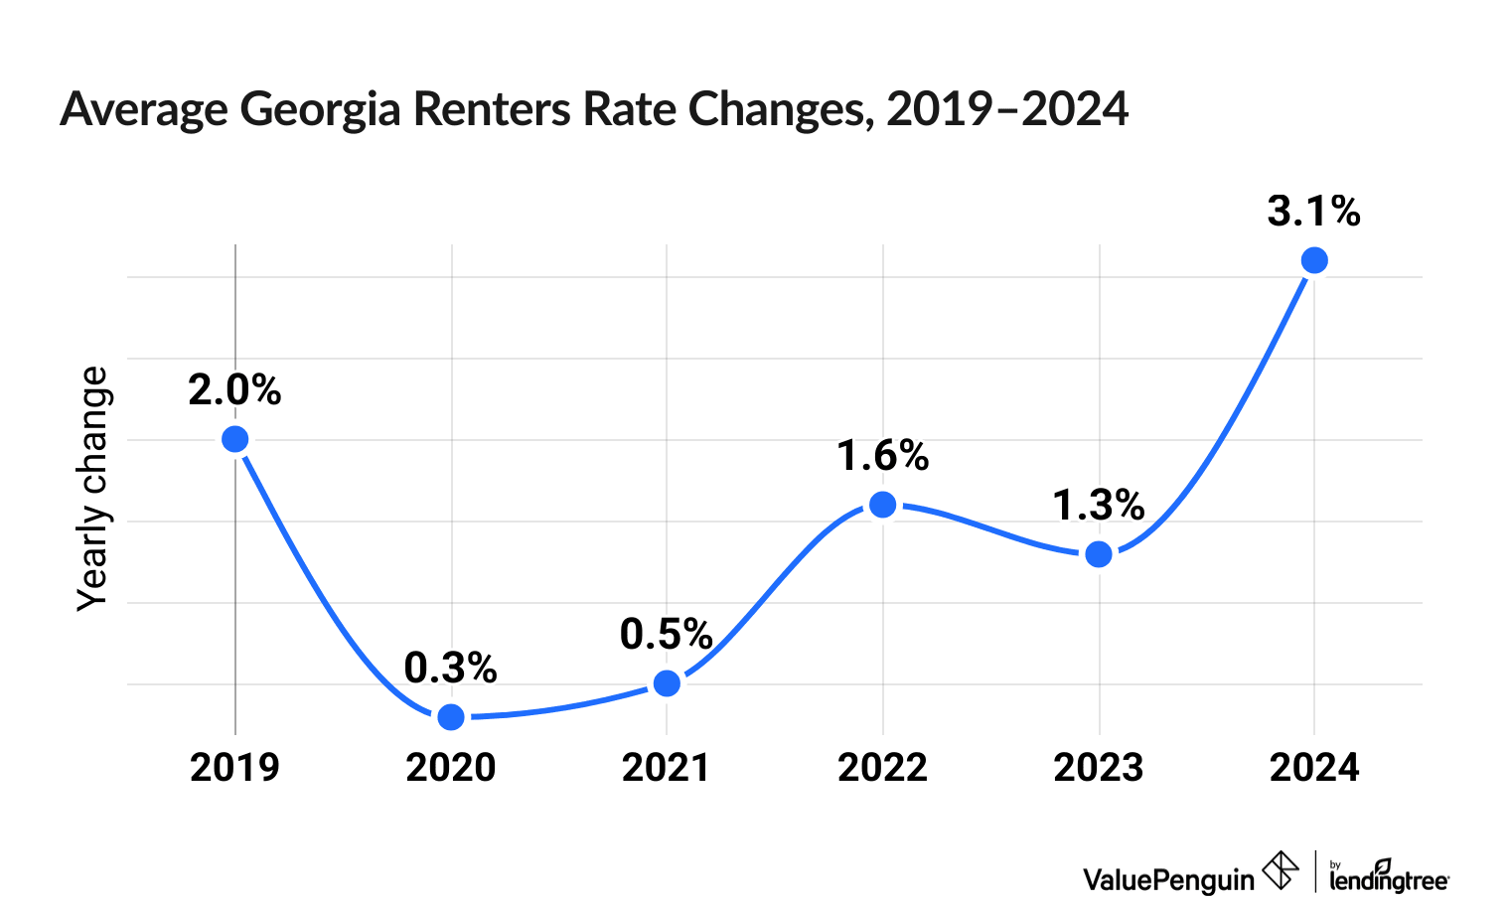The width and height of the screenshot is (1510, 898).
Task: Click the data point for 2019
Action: click(x=235, y=439)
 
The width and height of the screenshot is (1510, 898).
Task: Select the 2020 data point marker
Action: click(x=451, y=716)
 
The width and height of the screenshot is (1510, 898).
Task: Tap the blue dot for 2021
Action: click(x=668, y=683)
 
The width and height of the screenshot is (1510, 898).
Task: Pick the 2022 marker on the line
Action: click(x=882, y=505)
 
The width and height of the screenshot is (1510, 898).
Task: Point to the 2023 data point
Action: click(x=1099, y=554)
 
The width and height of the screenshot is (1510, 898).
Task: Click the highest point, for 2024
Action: click(x=1314, y=260)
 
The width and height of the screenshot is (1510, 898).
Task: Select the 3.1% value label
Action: click(x=1313, y=212)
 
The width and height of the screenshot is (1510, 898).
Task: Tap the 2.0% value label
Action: click(x=234, y=390)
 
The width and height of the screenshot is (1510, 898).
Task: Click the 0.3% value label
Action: click(x=450, y=669)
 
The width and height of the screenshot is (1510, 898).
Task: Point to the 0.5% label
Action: click(x=666, y=635)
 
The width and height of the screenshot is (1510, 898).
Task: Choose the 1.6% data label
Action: click(x=882, y=456)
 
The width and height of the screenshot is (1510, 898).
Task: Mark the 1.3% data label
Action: click(x=1098, y=506)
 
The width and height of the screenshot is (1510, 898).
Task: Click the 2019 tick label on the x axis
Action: click(x=235, y=768)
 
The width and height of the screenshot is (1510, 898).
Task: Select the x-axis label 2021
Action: click(x=666, y=768)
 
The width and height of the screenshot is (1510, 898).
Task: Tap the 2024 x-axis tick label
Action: click(x=1314, y=768)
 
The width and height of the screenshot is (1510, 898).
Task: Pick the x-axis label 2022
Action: click(x=882, y=768)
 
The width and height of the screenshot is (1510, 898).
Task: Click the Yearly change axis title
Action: click(x=93, y=489)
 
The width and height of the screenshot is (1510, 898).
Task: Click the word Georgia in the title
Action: click(x=321, y=110)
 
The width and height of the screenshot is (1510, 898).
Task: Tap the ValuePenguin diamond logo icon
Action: click(x=1281, y=871)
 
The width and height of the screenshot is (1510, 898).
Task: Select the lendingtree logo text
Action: click(x=1389, y=878)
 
